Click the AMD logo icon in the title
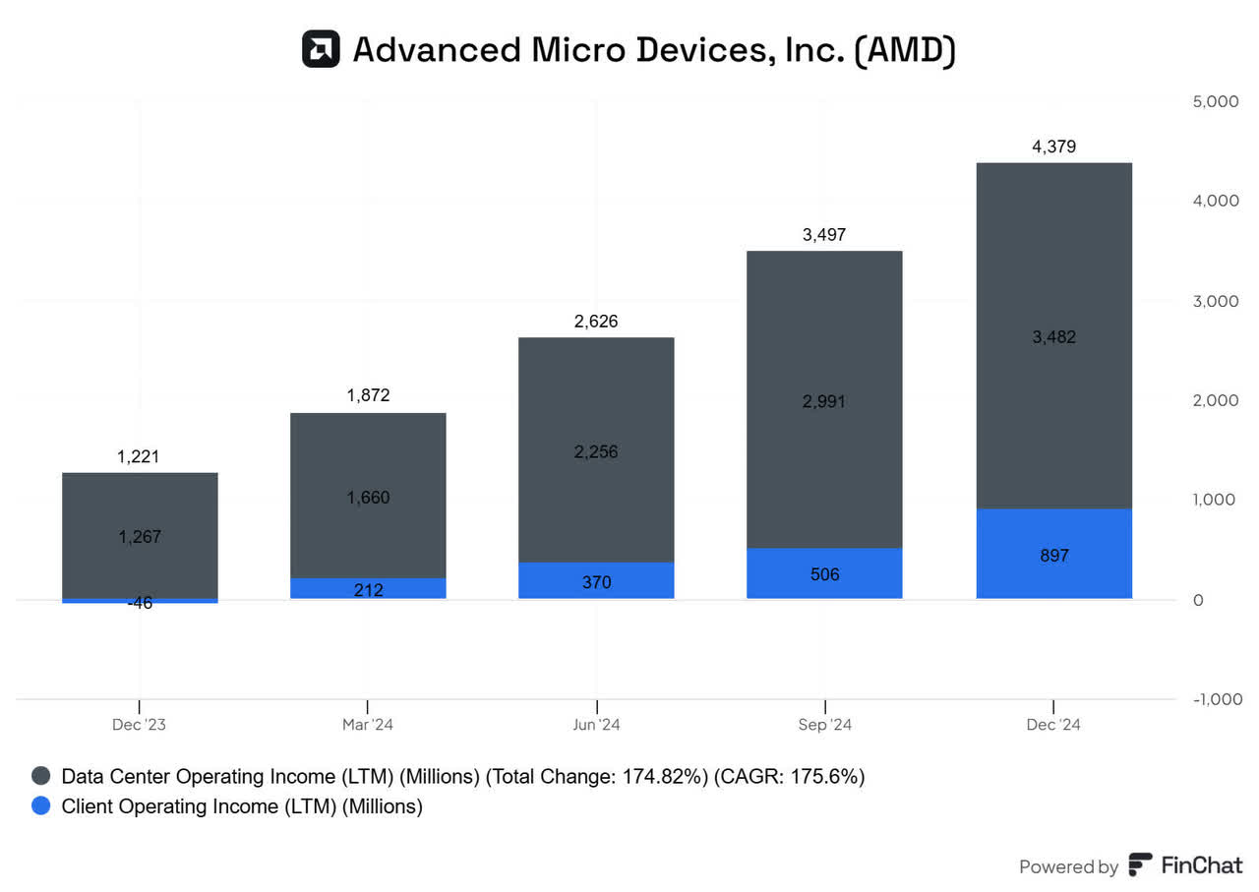tap(321, 49)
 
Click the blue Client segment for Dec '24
tap(1053, 554)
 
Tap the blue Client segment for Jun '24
tap(596, 580)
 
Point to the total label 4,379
tap(1053, 147)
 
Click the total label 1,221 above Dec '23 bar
tap(139, 456)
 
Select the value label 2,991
tap(824, 401)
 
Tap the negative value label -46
tap(139, 603)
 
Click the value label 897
tap(1053, 556)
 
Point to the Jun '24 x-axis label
tap(596, 725)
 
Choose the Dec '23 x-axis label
tap(139, 725)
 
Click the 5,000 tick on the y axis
tap(1217, 101)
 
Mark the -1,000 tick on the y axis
tap(1215, 698)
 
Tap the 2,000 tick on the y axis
tap(1217, 400)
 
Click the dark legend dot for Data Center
tap(41, 776)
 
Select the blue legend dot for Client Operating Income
tap(41, 806)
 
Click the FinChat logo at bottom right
tap(1185, 865)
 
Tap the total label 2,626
tap(596, 322)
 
